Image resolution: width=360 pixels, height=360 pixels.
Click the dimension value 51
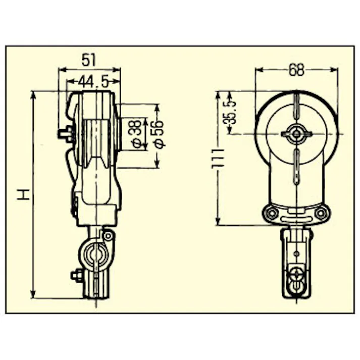[89, 60]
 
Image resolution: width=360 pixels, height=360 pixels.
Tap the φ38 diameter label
[134, 134]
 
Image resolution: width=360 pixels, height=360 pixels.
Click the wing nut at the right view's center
[296, 133]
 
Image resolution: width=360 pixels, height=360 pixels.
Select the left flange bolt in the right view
[272, 213]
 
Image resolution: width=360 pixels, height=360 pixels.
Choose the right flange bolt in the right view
[321, 213]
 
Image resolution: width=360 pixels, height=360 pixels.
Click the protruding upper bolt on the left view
[65, 134]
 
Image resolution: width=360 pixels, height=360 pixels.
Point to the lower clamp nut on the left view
[76, 276]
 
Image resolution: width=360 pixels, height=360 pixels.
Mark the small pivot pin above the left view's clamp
[108, 235]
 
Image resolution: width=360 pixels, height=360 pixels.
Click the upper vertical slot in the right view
[296, 108]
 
